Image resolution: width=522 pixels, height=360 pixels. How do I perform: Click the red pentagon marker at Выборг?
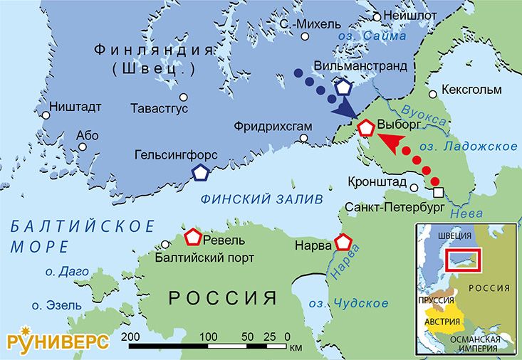(x=366, y=128)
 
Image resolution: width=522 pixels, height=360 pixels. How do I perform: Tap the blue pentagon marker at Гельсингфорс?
(x=202, y=172)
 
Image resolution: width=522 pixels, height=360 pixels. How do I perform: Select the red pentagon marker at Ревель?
(x=192, y=237)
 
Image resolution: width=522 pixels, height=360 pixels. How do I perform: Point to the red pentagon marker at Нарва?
(x=345, y=243)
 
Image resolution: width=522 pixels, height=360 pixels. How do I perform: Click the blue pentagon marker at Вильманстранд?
(x=344, y=88)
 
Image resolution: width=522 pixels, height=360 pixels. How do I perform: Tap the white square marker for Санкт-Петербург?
(x=439, y=192)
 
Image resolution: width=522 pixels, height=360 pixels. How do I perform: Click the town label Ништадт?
(x=75, y=107)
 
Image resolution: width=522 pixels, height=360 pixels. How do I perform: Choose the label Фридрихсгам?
(x=273, y=126)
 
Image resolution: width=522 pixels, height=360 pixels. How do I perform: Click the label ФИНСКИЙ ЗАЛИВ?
(x=261, y=198)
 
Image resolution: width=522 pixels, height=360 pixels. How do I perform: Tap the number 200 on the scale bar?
(x=130, y=335)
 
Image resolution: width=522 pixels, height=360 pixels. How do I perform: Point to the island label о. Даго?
(x=66, y=272)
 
